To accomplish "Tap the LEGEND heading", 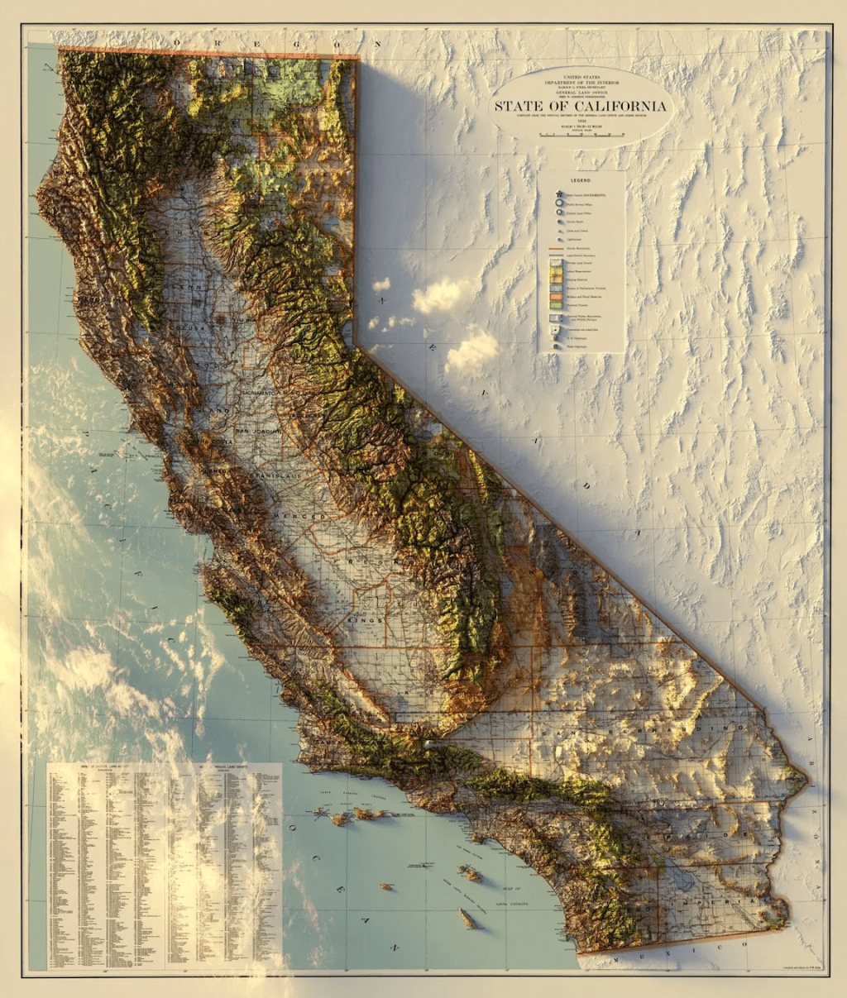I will [x=579, y=179].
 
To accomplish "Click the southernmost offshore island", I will [x=468, y=918].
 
